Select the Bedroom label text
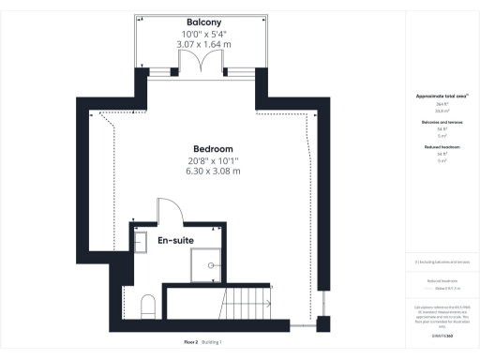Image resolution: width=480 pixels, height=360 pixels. [213, 149]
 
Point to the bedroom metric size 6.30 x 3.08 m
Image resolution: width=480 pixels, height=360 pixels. [213, 172]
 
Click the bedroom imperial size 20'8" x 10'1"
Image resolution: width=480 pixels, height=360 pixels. [213, 160]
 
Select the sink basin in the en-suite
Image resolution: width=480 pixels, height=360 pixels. [141, 243]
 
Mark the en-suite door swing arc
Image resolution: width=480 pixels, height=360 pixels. [167, 210]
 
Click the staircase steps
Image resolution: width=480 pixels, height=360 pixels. [246, 305]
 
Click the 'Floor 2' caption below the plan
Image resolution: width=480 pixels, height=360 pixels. [191, 342]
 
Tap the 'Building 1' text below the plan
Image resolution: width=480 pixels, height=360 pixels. [212, 342]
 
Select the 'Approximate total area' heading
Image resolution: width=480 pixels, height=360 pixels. [435, 97]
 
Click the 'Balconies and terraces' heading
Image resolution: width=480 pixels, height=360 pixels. [435, 122]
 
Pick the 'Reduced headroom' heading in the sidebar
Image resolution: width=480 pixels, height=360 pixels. [435, 147]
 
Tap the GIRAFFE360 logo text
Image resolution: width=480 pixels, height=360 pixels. [435, 333]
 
